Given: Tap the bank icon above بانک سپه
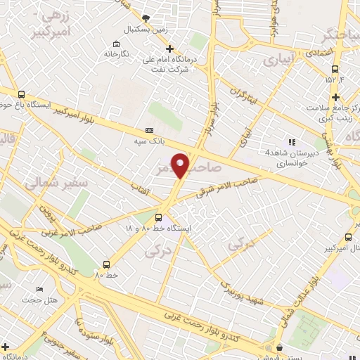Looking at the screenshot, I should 148,131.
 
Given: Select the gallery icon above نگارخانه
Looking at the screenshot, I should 117,44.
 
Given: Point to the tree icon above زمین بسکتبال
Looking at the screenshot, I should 146,18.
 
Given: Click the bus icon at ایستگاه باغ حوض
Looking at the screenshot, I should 22,94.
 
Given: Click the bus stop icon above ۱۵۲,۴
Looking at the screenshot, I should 335,69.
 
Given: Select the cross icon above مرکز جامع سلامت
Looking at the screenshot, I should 336,96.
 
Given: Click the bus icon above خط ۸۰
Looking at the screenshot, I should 106,265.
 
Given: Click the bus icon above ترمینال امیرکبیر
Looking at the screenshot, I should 347,237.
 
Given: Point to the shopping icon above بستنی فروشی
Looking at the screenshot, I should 280,347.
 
